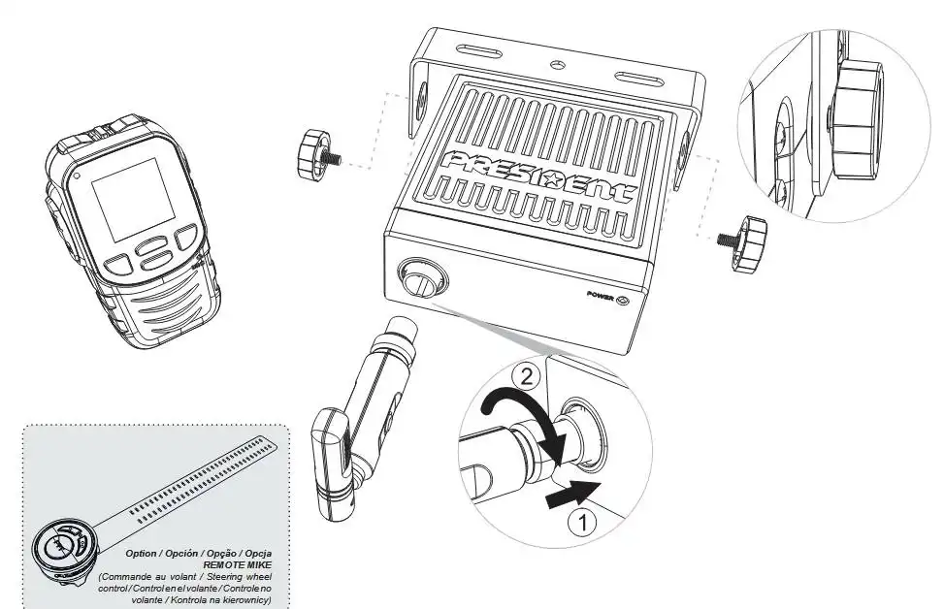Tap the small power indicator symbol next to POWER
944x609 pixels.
[x=624, y=298]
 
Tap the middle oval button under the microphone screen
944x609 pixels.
[x=152, y=246]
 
